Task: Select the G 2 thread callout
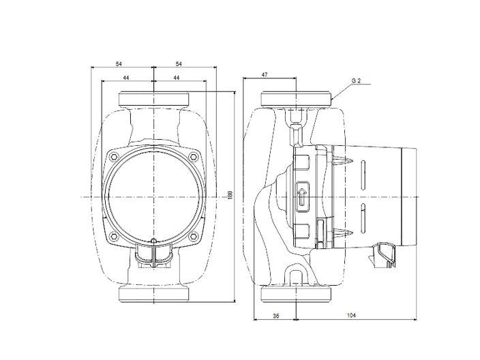click(x=356, y=80)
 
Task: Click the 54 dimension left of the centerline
click(x=119, y=63)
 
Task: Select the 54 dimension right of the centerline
click(x=179, y=63)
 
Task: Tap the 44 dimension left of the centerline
click(x=126, y=78)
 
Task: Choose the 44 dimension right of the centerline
click(x=176, y=78)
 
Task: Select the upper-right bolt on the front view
click(x=194, y=156)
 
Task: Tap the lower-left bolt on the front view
click(x=114, y=237)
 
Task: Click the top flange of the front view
click(x=155, y=100)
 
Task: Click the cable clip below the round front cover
click(x=154, y=256)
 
